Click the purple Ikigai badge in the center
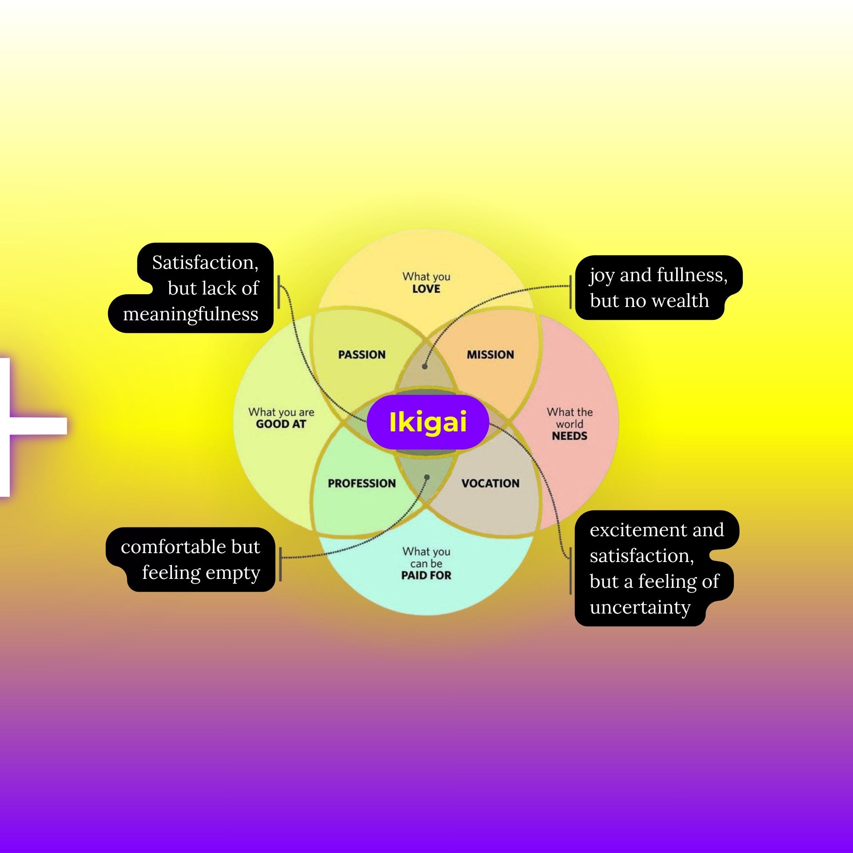click(427, 422)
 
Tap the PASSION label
click(362, 355)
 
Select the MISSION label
click(490, 355)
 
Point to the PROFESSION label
click(362, 483)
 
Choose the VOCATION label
click(490, 483)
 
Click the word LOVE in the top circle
click(426, 289)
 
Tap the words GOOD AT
click(281, 424)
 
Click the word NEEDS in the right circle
click(569, 436)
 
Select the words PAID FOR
click(426, 575)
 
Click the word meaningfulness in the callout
click(191, 314)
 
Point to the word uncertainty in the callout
click(640, 607)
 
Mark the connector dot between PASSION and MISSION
click(425, 367)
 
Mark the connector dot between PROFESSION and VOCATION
click(426, 477)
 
